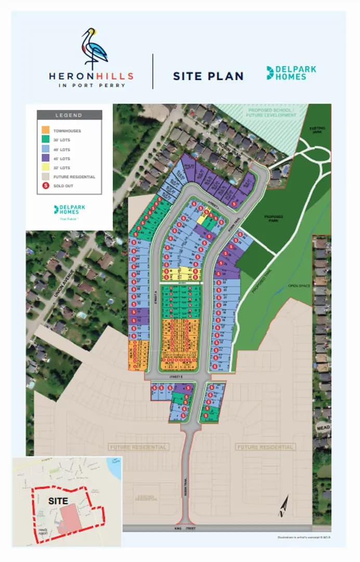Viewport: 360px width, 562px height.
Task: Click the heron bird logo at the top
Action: [x=94, y=48]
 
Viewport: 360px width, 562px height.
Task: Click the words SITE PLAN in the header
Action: [x=208, y=76]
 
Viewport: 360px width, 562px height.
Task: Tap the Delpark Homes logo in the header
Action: [x=291, y=73]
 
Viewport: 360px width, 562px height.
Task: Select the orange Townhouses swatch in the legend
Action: [x=46, y=131]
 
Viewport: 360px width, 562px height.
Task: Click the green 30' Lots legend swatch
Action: [x=46, y=140]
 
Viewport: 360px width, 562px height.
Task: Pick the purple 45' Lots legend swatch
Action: [x=46, y=158]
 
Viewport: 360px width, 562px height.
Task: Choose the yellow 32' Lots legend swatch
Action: [x=46, y=168]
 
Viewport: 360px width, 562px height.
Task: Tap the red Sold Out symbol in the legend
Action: [x=46, y=186]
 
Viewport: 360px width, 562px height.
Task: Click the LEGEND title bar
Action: [x=69, y=115]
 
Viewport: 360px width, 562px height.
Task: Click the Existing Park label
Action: [x=316, y=129]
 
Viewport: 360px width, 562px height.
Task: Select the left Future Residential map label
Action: [x=138, y=447]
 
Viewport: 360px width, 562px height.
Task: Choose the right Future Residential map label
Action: [x=265, y=447]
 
